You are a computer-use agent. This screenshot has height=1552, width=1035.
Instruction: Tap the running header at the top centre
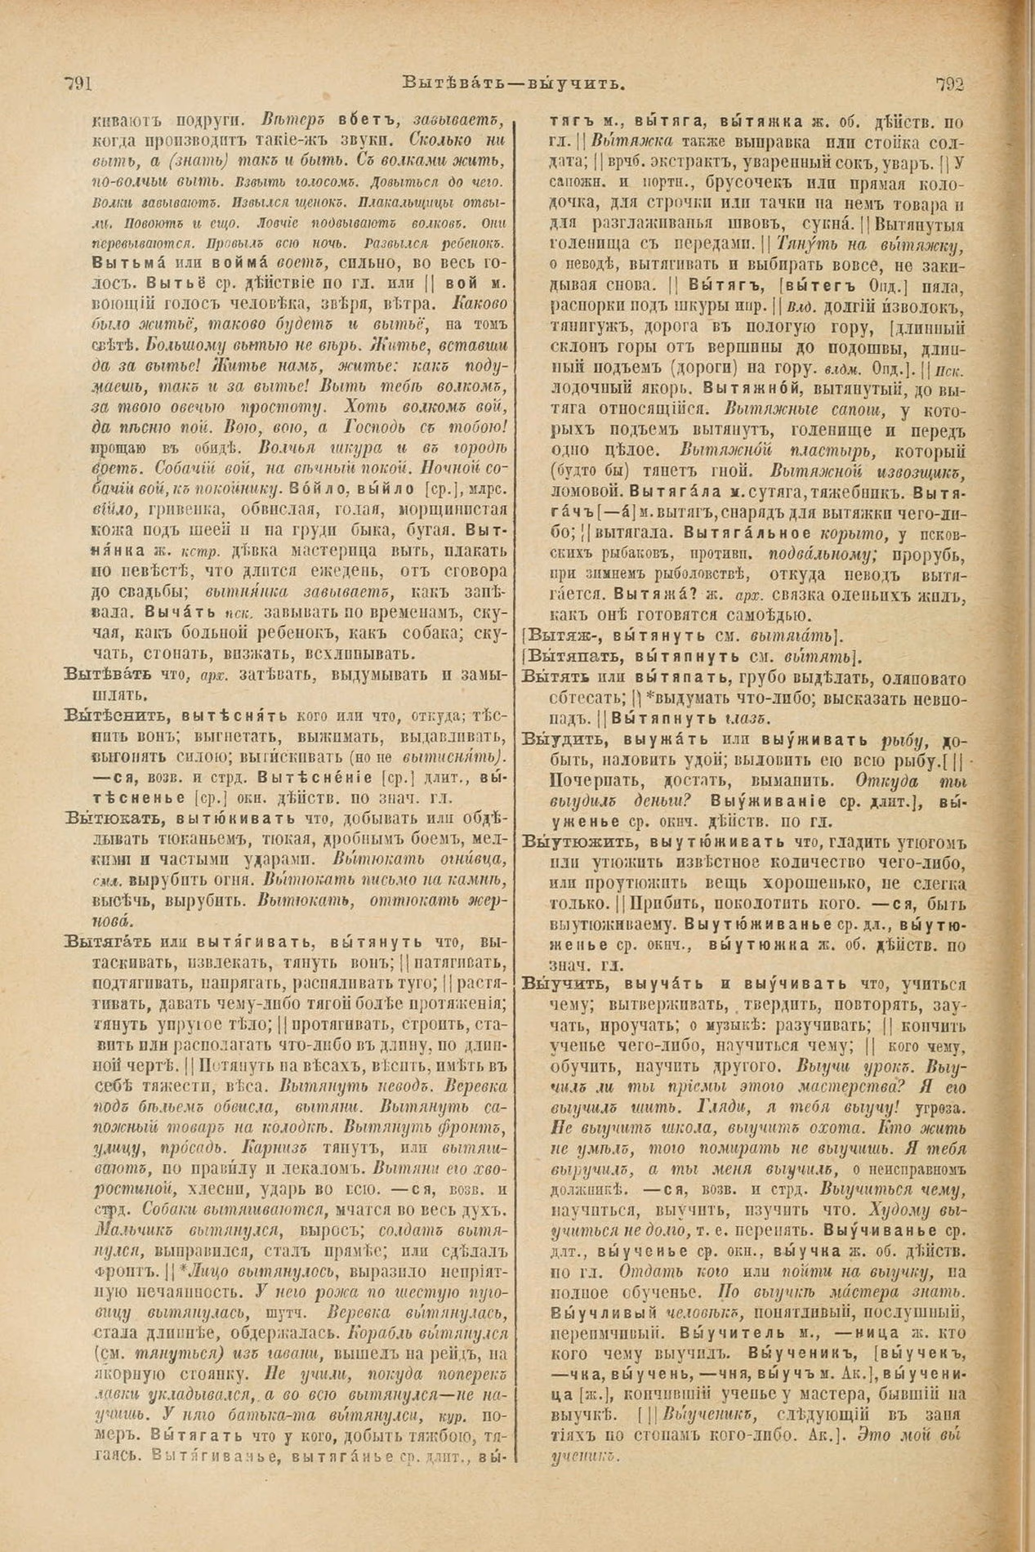point(515,83)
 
